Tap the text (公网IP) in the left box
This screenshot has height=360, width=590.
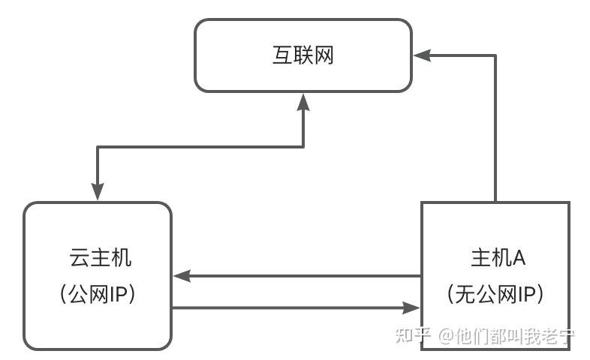98,295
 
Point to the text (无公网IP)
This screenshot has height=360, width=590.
495,295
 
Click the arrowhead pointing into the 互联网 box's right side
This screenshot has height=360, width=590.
420,55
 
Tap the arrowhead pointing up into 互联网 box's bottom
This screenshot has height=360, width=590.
303,101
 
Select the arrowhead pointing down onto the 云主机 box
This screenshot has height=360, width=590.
98,193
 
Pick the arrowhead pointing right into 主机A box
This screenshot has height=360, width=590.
411,307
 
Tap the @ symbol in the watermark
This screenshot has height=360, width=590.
446,335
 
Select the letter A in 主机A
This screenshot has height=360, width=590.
518,259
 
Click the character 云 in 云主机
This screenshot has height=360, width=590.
79,259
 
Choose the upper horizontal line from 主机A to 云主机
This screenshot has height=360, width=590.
300,276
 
